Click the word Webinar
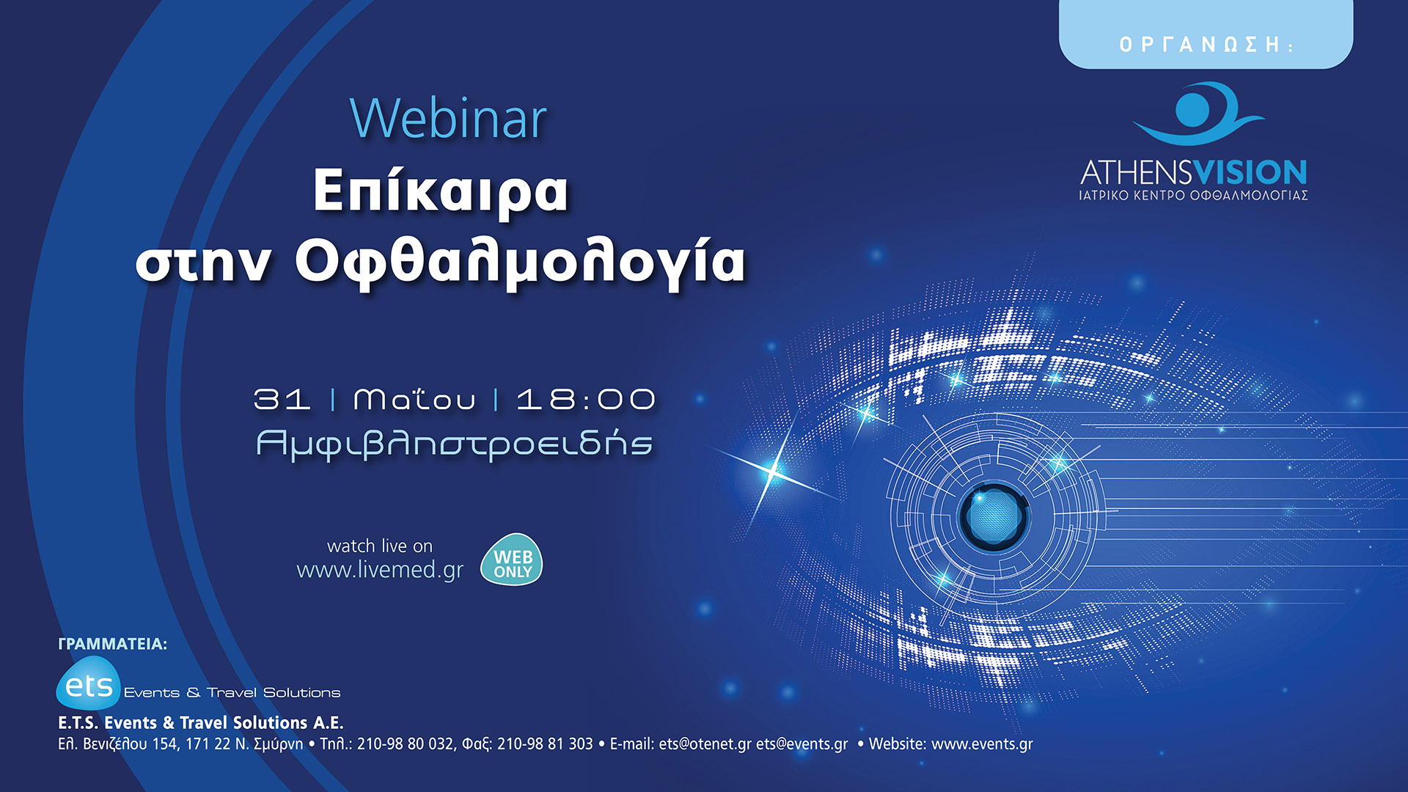tap(448, 119)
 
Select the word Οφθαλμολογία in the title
tap(520, 263)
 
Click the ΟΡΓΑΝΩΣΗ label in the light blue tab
tap(1206, 45)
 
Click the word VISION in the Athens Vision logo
tap(1250, 173)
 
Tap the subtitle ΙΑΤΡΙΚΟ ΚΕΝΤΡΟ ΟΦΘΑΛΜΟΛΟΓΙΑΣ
tap(1193, 196)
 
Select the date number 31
tap(282, 400)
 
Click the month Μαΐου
tap(414, 400)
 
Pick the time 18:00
tap(585, 400)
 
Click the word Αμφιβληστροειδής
tap(454, 444)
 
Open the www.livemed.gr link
tap(380, 570)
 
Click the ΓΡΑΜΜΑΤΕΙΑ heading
tap(112, 644)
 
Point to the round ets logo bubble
tap(88, 684)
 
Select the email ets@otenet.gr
tap(705, 744)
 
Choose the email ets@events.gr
tap(802, 744)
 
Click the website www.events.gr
tap(981, 744)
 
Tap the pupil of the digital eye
tap(994, 516)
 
